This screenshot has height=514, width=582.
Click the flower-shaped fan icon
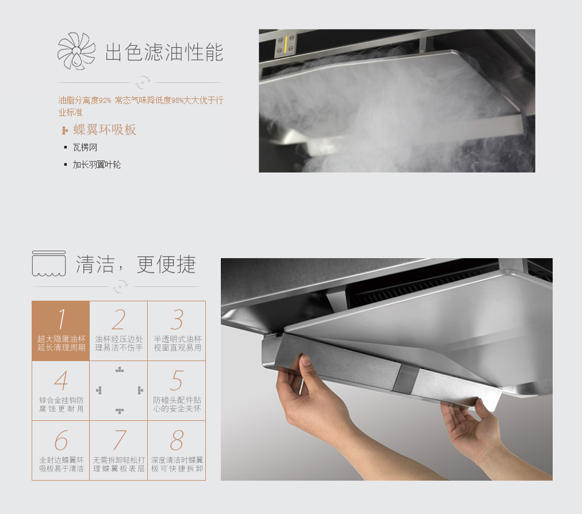(x=76, y=51)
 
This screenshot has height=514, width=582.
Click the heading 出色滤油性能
(x=164, y=52)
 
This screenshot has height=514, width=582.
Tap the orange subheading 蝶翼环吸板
(x=105, y=129)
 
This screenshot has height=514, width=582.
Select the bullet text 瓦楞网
(x=85, y=148)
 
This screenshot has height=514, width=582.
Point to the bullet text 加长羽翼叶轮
(x=97, y=165)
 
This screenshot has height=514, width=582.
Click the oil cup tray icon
(x=49, y=263)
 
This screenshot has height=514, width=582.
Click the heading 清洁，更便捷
(x=136, y=264)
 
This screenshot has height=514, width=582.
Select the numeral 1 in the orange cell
(x=62, y=319)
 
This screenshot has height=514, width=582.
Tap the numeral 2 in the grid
(x=119, y=319)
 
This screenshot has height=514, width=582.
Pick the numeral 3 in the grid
(x=177, y=319)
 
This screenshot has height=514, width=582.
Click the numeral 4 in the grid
(x=61, y=381)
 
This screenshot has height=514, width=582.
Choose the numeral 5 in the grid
(x=177, y=381)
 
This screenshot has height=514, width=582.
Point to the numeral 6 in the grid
(x=61, y=440)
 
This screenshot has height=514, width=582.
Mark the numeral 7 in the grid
(x=120, y=440)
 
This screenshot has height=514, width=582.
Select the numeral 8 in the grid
(x=177, y=440)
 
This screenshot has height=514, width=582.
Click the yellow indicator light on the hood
(x=285, y=44)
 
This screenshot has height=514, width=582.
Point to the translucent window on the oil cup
(x=407, y=378)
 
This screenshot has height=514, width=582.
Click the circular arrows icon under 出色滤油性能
(x=143, y=82)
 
